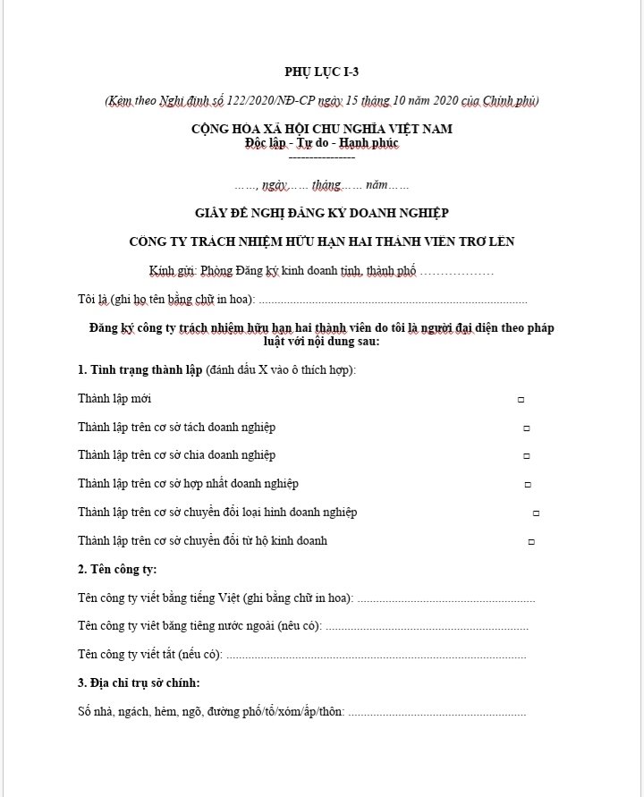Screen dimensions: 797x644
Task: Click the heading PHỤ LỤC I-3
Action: pos(321,72)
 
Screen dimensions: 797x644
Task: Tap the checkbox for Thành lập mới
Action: pos(521,400)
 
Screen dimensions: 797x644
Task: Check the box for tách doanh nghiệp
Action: pos(526,428)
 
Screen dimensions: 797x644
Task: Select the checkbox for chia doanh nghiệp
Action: pos(528,456)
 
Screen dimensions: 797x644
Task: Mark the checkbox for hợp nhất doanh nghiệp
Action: pos(528,485)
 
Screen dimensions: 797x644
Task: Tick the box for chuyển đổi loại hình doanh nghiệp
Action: pos(536,513)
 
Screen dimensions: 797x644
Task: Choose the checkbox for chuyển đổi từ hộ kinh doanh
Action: pos(531,542)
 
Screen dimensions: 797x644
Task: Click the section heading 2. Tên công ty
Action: pos(117,569)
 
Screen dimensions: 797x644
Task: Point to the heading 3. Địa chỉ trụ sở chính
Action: pos(139,683)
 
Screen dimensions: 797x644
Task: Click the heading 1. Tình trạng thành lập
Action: pos(140,369)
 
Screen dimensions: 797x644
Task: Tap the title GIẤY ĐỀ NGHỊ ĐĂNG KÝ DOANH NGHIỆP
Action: pos(321,213)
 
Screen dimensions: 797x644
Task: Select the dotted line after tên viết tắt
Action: pos(376,656)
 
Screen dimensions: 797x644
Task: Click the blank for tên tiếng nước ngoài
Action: pos(426,627)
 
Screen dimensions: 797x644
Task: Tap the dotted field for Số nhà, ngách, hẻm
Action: pos(436,713)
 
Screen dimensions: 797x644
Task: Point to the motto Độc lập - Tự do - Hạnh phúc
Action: pos(321,143)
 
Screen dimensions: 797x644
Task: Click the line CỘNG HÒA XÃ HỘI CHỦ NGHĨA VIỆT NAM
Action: pos(321,129)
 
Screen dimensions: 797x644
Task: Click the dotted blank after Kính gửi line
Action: pos(456,271)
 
